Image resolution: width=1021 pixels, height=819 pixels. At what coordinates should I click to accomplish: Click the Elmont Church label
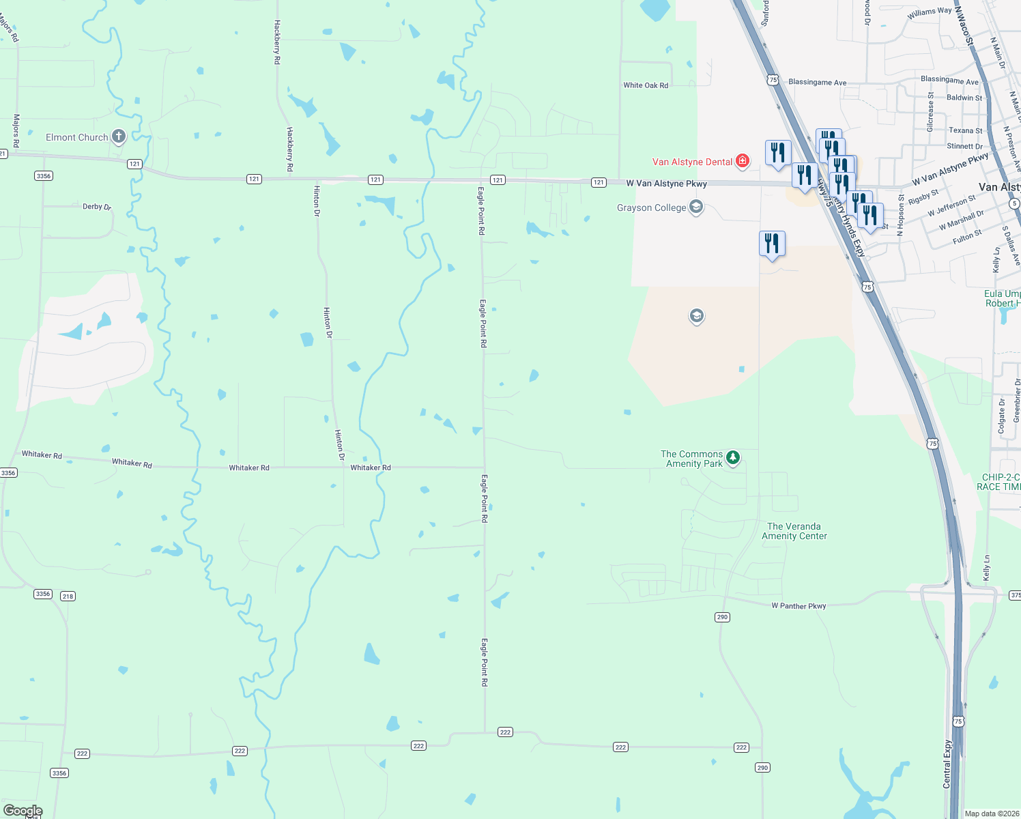76,137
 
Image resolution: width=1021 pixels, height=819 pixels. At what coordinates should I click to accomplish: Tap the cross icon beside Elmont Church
119,136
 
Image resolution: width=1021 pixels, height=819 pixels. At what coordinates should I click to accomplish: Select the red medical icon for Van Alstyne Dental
743,162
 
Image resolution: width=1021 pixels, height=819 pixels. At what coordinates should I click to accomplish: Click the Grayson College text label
651,207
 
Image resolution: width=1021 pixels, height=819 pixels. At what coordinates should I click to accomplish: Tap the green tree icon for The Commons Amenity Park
733,457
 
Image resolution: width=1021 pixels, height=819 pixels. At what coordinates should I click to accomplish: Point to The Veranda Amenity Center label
794,531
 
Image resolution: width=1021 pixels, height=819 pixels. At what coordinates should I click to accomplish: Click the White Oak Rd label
646,85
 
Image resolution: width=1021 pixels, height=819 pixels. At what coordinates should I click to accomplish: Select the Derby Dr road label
97,206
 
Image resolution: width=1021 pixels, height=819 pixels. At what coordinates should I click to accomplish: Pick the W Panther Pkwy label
799,606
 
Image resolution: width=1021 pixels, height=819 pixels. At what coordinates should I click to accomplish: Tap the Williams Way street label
929,13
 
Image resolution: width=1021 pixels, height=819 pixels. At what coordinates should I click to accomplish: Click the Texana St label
965,130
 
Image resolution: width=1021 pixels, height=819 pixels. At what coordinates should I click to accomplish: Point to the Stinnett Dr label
964,146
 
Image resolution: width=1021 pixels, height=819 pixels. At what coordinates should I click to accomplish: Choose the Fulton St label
967,237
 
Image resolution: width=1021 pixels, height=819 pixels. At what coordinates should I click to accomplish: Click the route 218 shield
68,596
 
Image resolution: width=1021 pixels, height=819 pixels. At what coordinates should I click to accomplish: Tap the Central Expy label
947,764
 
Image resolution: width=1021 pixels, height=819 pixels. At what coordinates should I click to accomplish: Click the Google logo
23,811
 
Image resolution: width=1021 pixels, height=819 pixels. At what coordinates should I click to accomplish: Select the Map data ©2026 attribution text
992,814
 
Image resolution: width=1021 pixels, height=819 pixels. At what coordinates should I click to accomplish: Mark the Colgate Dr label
1002,416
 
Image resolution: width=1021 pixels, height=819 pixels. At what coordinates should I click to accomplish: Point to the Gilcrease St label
930,112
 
